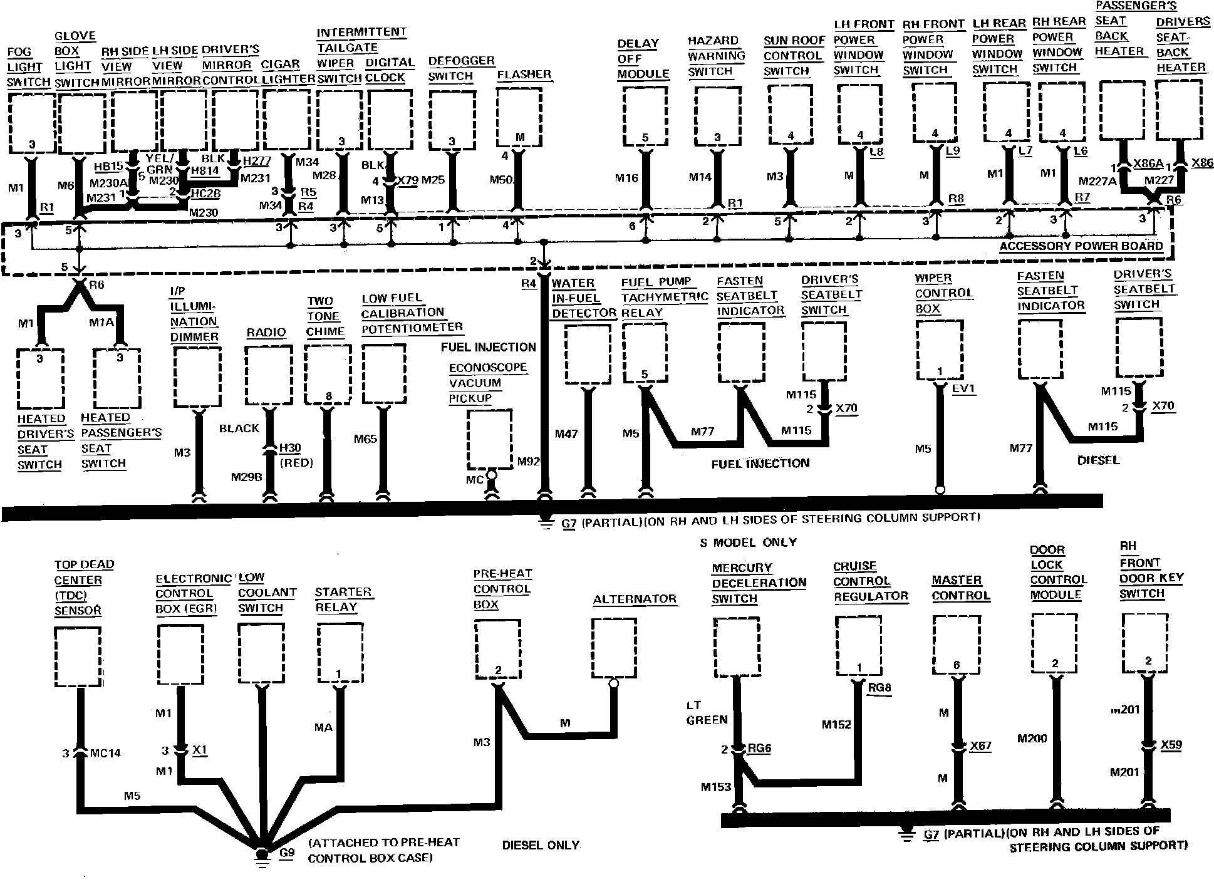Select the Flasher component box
[x=519, y=116]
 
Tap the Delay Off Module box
[x=646, y=116]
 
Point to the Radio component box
[x=268, y=375]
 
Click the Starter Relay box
[x=340, y=652]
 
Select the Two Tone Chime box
[x=328, y=375]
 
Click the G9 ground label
[x=287, y=853]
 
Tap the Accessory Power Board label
[x=1081, y=246]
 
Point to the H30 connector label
[x=289, y=448]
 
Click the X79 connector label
[x=408, y=181]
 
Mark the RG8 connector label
[x=879, y=688]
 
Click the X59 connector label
[x=1171, y=745]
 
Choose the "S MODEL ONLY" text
[x=748, y=542]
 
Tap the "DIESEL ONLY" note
[x=540, y=845]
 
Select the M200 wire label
[x=1032, y=739]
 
